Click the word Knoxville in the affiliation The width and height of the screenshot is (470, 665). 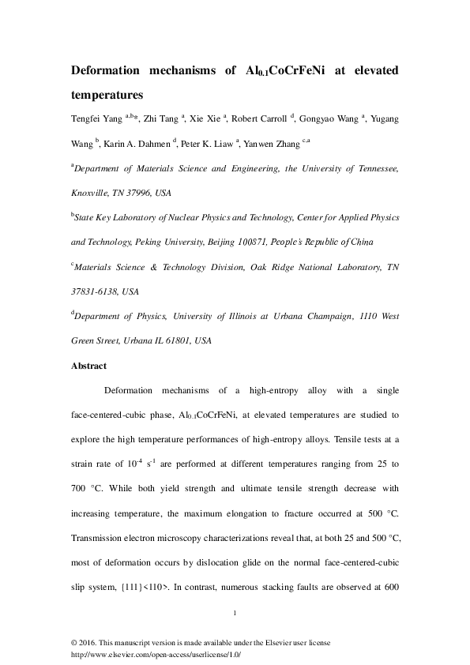93,193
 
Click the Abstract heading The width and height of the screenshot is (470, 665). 89,366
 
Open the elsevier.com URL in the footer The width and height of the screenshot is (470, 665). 156,655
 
